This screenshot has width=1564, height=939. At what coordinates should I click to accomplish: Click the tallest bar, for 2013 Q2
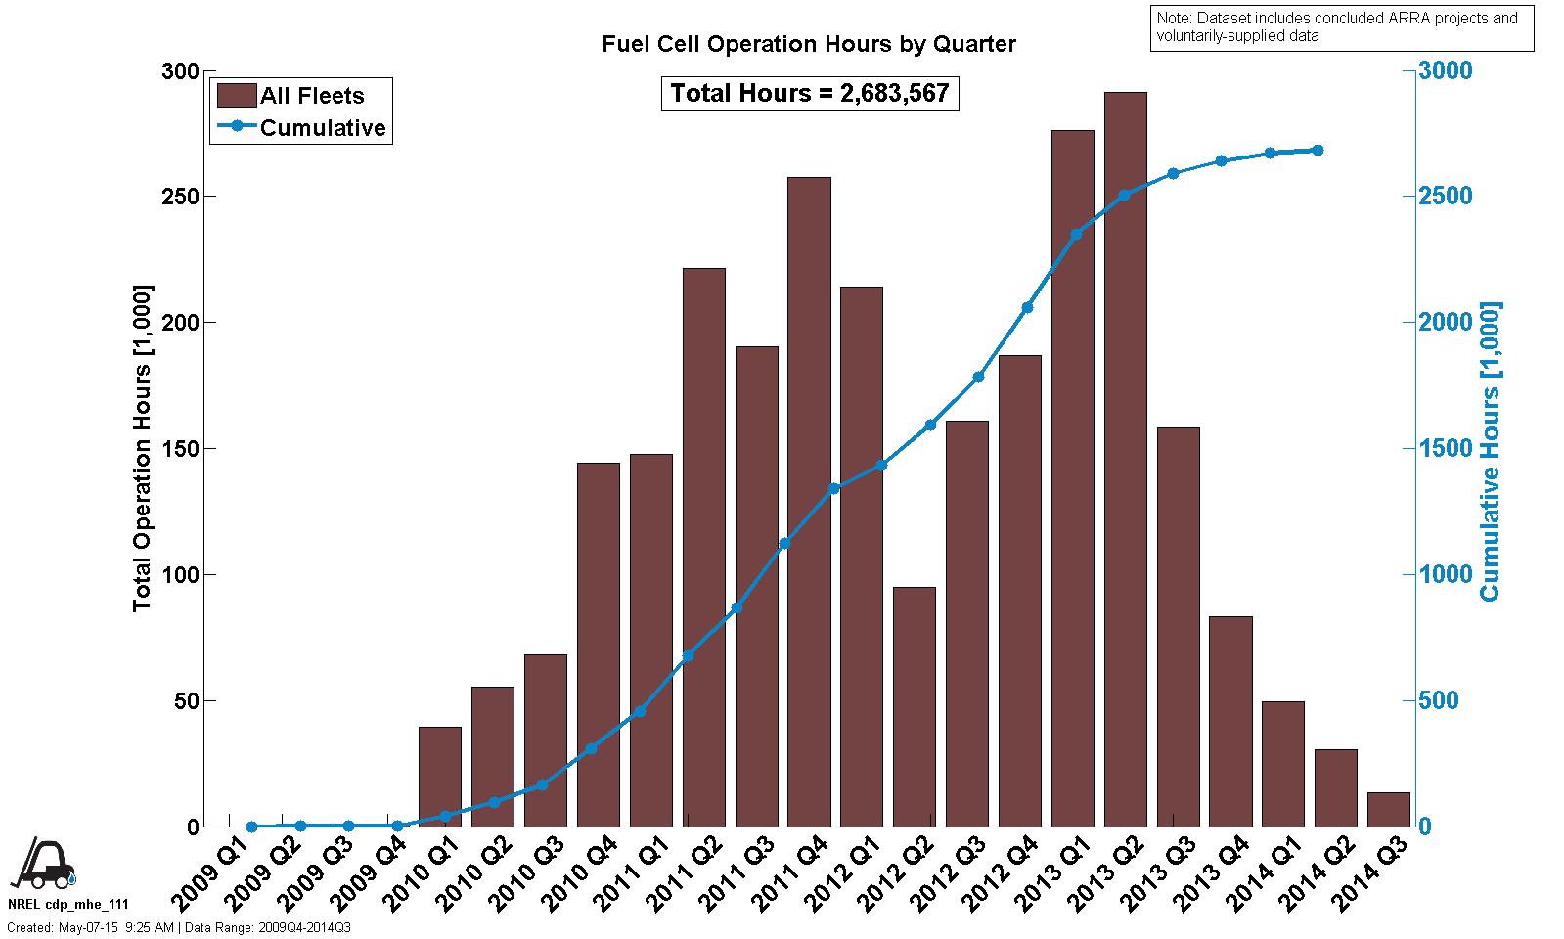1125,460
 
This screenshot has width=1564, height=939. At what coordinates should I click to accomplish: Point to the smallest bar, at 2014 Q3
1389,810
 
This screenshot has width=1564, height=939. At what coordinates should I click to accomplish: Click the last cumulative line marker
1318,150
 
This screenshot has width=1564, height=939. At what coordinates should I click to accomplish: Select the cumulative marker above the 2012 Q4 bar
1027,307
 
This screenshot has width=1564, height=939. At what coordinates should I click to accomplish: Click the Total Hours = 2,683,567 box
810,93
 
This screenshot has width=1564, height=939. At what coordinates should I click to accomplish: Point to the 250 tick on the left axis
181,197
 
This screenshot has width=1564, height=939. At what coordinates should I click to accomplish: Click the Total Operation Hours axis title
143,449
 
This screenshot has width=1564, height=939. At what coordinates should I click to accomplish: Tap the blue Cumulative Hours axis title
1490,451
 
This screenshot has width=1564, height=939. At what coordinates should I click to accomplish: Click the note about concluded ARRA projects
1341,27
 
